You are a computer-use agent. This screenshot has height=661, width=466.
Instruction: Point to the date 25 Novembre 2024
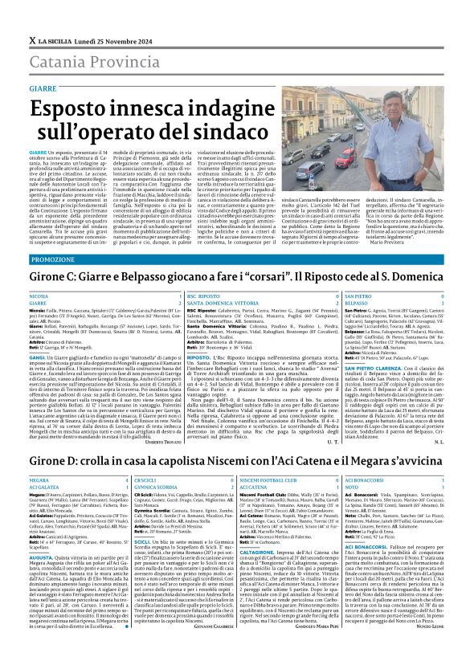click(110, 17)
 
